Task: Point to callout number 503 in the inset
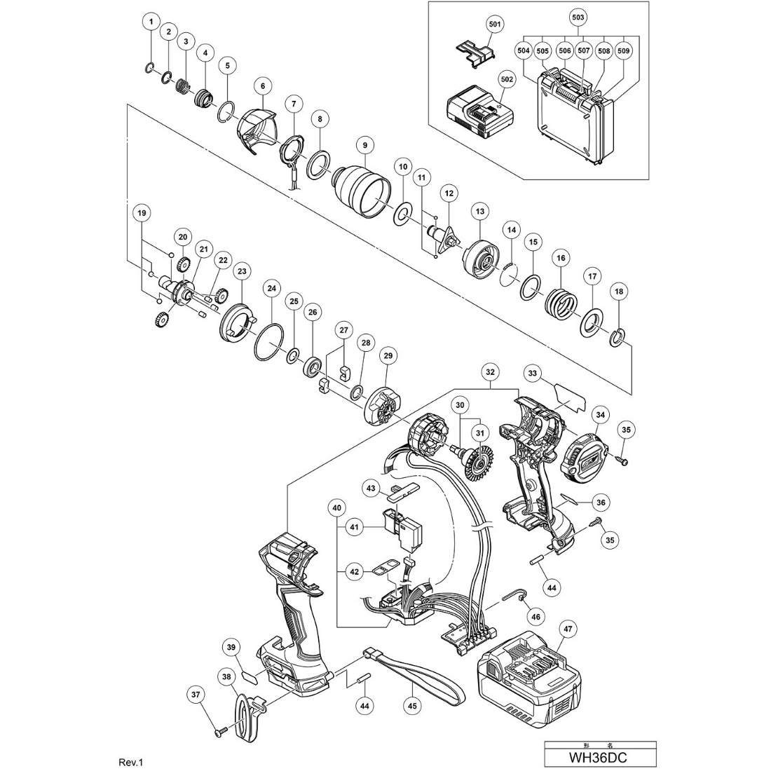(578, 16)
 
